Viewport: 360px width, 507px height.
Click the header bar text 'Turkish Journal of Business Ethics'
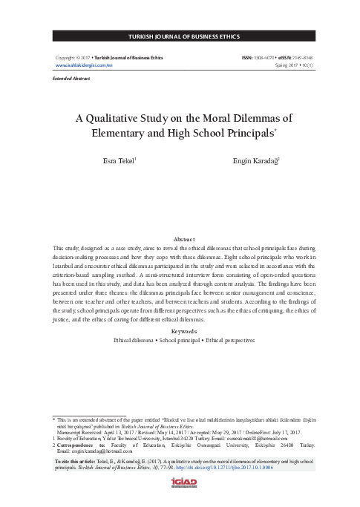pos(180,36)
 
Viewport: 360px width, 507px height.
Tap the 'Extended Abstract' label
pos(67,77)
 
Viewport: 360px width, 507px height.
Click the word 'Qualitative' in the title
pos(135,117)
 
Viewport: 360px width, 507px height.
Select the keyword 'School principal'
pos(183,339)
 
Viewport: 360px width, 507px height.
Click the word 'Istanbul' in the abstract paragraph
pos(61,264)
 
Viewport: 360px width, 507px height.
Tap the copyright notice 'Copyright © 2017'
pos(70,56)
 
